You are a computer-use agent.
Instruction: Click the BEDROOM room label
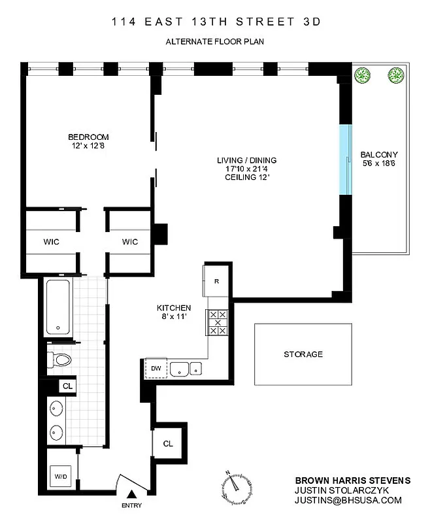(88, 137)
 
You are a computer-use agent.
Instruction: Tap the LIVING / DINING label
(247, 160)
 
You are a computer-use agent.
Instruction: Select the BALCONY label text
(378, 155)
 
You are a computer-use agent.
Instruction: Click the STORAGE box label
(303, 354)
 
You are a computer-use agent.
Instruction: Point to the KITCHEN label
(173, 308)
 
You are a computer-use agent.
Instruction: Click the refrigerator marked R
(217, 281)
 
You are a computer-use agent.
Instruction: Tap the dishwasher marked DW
(156, 368)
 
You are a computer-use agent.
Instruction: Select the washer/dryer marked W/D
(61, 475)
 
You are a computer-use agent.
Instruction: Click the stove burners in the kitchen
(217, 322)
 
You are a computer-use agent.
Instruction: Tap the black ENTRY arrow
(133, 495)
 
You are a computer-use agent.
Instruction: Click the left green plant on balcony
(362, 76)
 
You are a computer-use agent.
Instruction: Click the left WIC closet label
(52, 242)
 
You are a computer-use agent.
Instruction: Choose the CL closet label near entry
(168, 444)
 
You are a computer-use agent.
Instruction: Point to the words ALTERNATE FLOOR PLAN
(215, 42)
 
